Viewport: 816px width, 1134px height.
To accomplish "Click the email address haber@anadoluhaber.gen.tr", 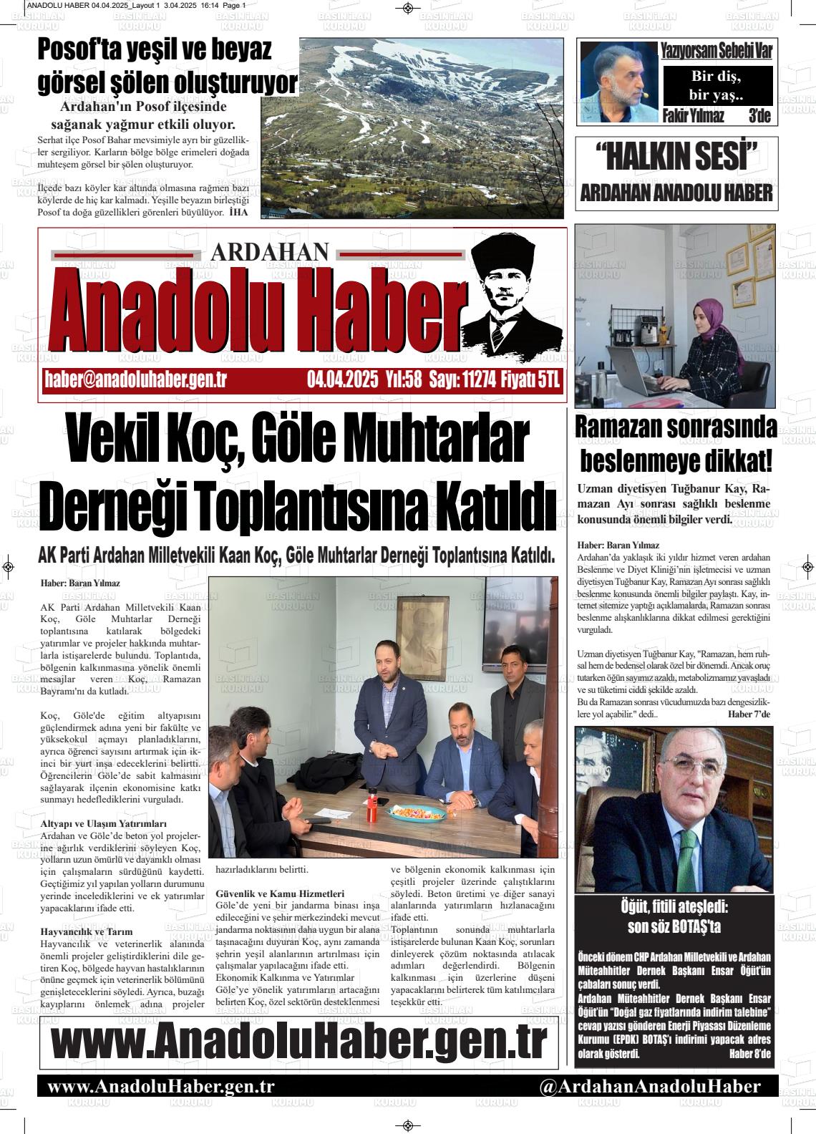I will click(x=135, y=380).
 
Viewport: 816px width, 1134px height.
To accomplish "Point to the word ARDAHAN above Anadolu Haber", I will click(x=271, y=252).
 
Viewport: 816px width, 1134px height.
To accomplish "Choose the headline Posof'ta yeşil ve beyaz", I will click(x=155, y=51).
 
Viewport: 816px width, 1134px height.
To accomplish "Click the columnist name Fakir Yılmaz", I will click(x=694, y=116).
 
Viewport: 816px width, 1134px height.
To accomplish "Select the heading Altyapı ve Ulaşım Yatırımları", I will click(x=104, y=824).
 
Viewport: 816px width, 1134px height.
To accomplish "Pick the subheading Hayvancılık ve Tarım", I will click(x=87, y=932).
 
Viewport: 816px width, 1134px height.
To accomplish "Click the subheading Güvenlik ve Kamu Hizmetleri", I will click(x=280, y=893).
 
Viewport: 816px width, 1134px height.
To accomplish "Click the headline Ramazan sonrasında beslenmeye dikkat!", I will click(x=676, y=444).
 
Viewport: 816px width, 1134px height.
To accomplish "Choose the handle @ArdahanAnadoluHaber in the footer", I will click(x=650, y=1086).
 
